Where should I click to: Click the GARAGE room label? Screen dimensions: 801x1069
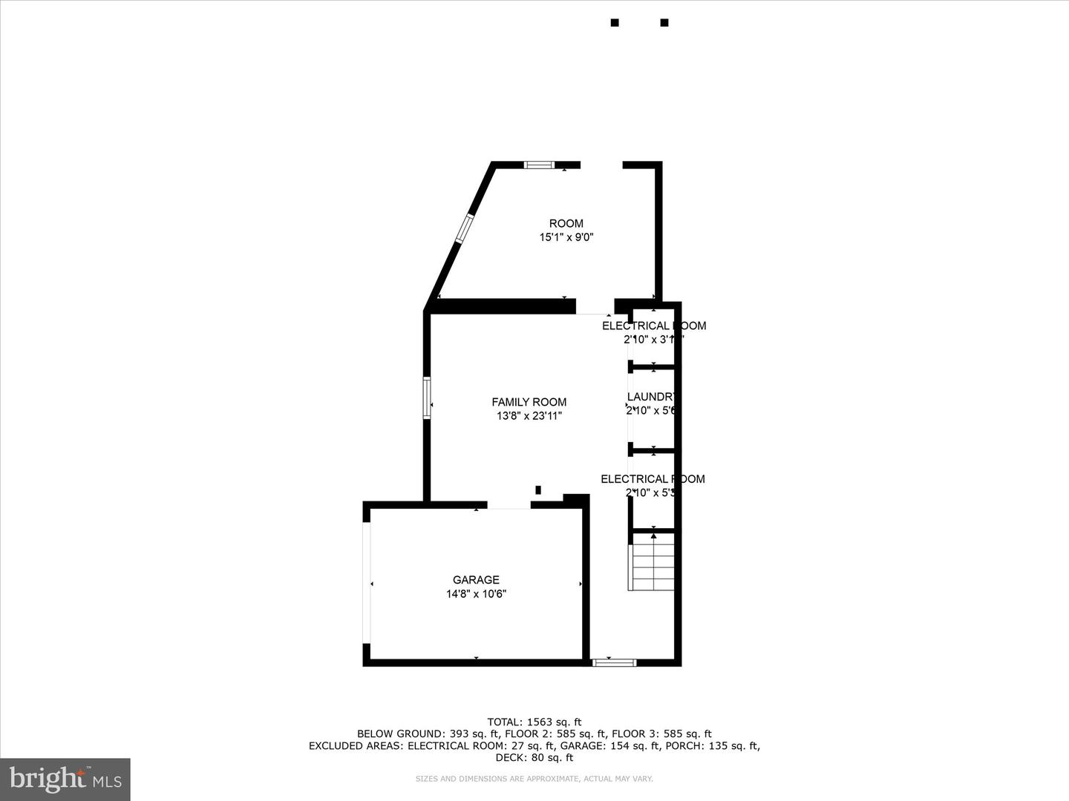click(x=476, y=580)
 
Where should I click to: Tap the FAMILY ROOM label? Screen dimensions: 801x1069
click(x=529, y=402)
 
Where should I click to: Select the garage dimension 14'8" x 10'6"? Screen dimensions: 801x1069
click(x=476, y=594)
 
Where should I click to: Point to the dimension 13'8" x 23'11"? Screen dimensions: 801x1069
click(x=529, y=416)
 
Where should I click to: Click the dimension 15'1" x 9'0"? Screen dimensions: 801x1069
click(x=566, y=237)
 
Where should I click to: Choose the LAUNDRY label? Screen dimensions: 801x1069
click(x=651, y=397)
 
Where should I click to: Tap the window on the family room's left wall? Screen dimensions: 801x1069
click(x=428, y=398)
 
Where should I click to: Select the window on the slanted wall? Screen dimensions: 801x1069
click(x=464, y=228)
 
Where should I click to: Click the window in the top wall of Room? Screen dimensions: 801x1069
click(x=539, y=165)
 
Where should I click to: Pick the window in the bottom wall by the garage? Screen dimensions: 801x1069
click(x=614, y=662)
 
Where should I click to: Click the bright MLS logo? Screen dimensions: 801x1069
click(x=65, y=779)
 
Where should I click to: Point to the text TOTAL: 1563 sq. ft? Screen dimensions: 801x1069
click(x=534, y=722)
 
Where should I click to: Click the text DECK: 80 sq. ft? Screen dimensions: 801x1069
click(x=534, y=757)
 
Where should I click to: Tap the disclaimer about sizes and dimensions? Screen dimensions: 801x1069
click(x=534, y=779)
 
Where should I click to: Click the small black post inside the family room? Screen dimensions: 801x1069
click(x=538, y=489)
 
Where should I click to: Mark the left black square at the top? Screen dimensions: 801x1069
click(x=615, y=23)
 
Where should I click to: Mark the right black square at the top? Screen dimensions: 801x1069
click(x=664, y=23)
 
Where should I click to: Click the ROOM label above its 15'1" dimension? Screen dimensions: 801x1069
click(x=566, y=223)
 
